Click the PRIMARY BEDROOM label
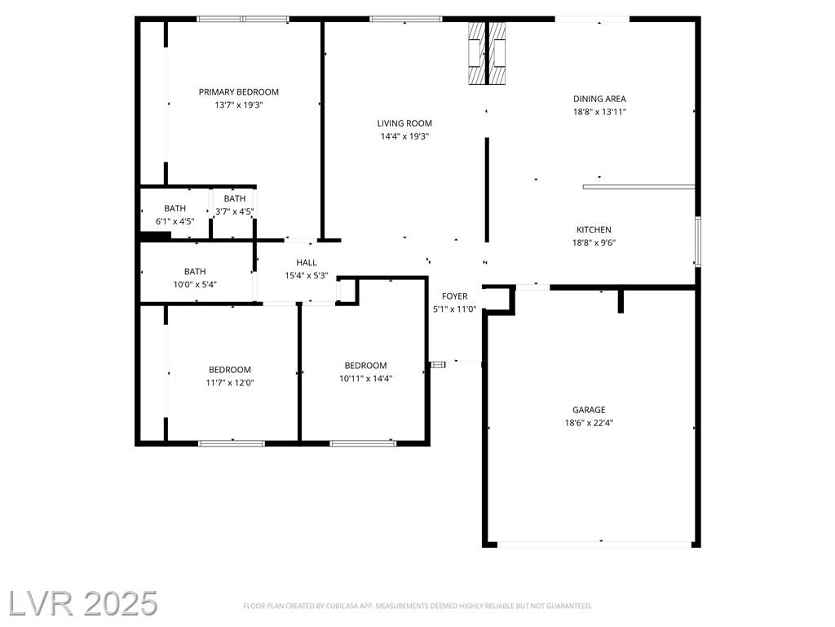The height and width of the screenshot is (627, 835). coord(239,92)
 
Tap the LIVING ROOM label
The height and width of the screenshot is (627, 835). coord(404,124)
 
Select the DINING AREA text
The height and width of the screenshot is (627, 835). coord(599,99)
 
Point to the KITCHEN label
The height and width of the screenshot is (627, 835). coord(594,229)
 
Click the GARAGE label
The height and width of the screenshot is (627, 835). coord(589,410)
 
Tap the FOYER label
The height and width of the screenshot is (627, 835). coord(455,296)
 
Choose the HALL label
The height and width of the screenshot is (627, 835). coord(307,263)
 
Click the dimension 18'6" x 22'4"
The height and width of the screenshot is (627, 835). coord(589,424)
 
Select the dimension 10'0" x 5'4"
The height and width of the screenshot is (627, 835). coord(195,285)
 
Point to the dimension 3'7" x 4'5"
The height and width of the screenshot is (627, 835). coord(234,211)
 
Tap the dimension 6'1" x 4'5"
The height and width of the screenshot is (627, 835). coord(175,221)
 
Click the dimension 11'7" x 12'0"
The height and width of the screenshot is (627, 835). coord(230,383)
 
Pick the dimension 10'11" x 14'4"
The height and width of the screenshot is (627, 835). coord(366,379)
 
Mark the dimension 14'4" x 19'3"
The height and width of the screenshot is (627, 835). coord(404,136)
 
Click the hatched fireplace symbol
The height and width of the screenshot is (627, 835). coord(487,53)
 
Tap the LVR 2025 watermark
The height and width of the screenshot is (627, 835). coord(83,603)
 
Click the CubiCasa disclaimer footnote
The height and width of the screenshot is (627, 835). coord(417,607)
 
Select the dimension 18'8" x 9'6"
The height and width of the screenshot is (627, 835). coord(594,243)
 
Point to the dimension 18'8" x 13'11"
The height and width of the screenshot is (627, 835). coord(599,112)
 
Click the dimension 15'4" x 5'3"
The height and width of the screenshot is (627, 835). coord(307,276)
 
